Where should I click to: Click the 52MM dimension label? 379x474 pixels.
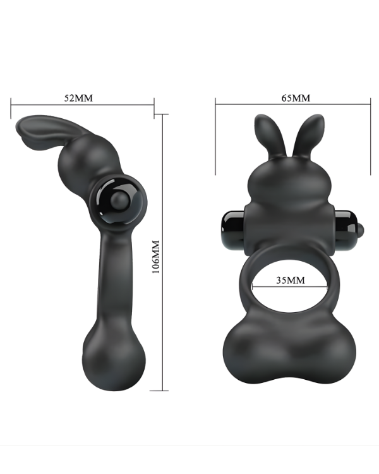click(78, 99)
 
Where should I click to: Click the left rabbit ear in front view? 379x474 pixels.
click(265, 135)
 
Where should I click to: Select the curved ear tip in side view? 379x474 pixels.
click(28, 129)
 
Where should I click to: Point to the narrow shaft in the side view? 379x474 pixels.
click(104, 278)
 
